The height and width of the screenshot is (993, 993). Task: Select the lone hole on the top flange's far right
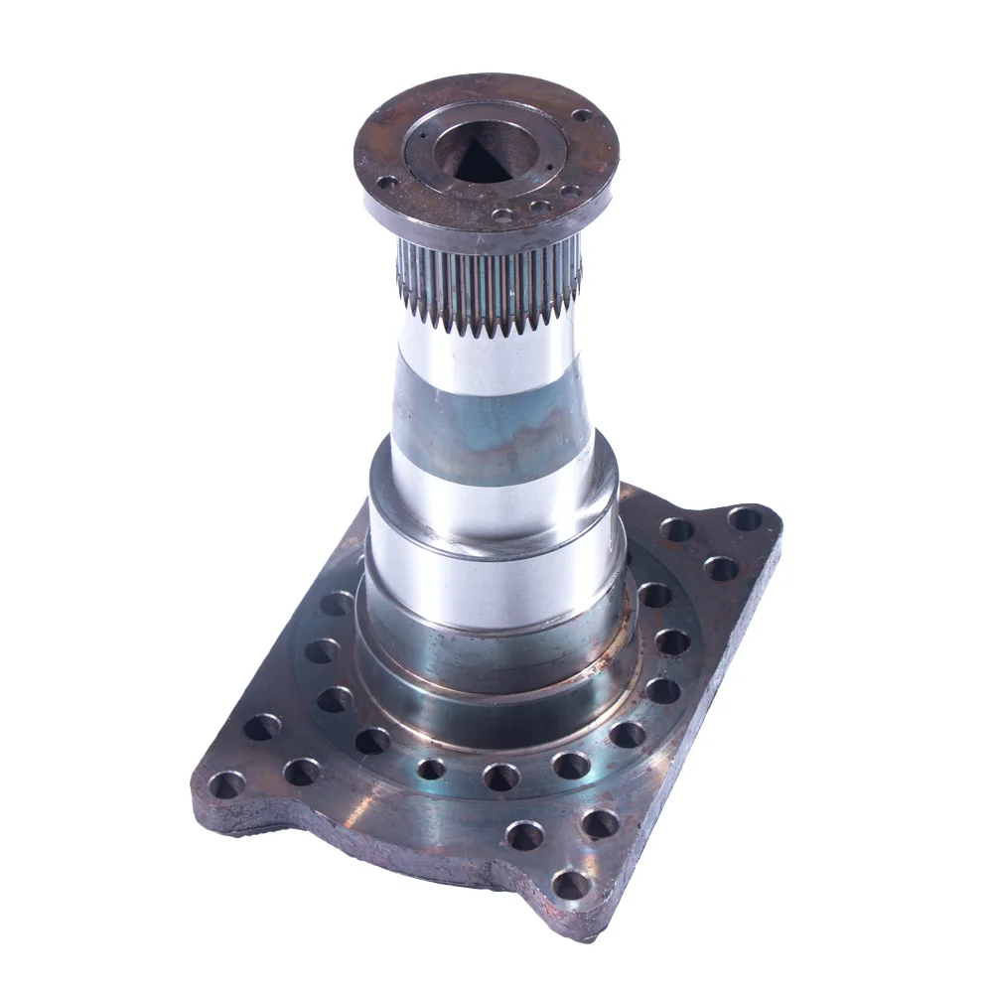pos(582,115)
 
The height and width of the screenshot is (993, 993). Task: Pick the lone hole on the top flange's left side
pos(387,182)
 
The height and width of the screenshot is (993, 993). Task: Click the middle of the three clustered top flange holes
pos(540,207)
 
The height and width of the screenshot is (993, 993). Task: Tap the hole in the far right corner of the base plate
pos(745,518)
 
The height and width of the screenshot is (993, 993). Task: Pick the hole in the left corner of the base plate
pos(226,784)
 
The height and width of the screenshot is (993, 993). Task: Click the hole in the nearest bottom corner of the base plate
pos(570,883)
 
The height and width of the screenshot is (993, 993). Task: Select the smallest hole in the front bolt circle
pos(431,769)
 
